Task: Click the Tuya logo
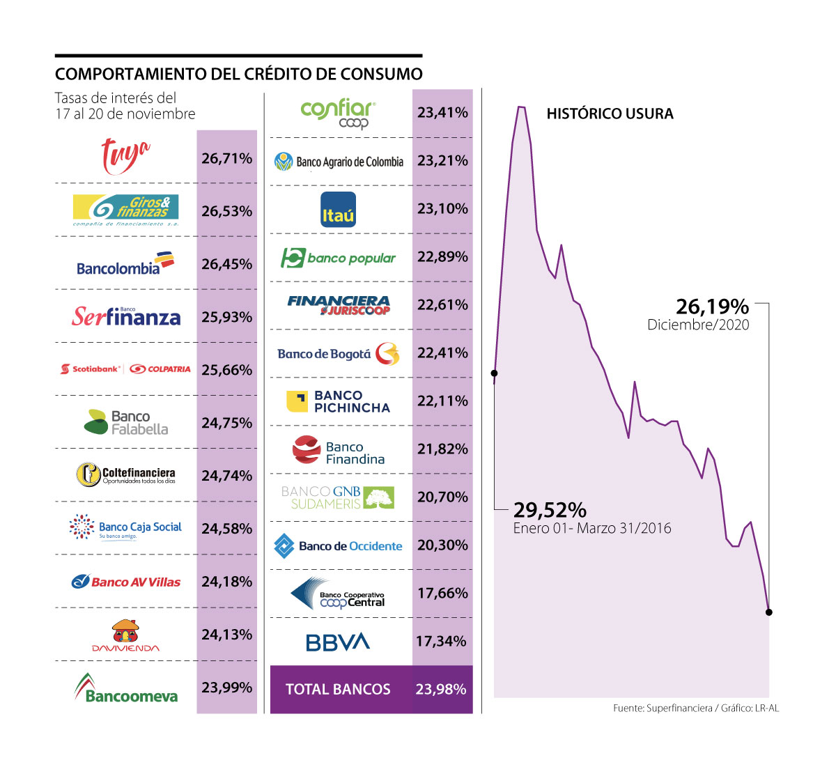[x=125, y=156]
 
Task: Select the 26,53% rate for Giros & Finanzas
[x=226, y=211]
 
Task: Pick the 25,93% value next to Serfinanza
[x=226, y=317]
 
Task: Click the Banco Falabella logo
[x=126, y=422]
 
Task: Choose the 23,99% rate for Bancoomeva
[x=226, y=688]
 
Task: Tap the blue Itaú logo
[x=338, y=209]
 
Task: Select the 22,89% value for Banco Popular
[x=442, y=257]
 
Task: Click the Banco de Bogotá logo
[x=339, y=354]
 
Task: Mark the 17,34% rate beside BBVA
[x=441, y=641]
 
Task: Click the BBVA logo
[x=338, y=642]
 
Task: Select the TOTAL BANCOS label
[x=338, y=690]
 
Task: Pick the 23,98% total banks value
[x=440, y=690]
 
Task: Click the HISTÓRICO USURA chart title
[x=610, y=114]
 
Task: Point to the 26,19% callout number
[x=712, y=307]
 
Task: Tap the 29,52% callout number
[x=550, y=511]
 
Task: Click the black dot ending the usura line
[x=768, y=612]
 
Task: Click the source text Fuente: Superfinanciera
[x=662, y=708]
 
